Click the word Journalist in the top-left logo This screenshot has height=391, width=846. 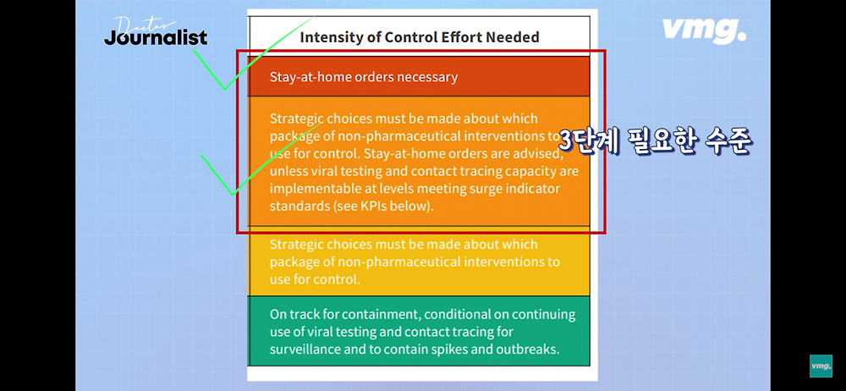[156, 38]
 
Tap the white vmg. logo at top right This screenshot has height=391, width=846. [704, 30]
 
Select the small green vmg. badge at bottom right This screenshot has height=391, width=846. [821, 366]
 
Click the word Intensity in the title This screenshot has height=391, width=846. [331, 37]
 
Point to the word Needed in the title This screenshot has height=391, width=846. [512, 37]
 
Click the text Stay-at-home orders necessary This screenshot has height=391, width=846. [364, 77]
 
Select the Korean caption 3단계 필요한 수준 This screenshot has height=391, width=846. [655, 140]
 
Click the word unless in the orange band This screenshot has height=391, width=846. [288, 172]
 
